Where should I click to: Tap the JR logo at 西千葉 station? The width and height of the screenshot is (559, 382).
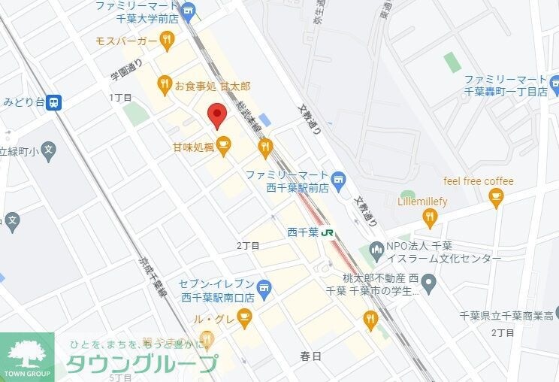(x=328, y=232)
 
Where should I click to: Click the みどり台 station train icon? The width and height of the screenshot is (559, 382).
(x=53, y=102)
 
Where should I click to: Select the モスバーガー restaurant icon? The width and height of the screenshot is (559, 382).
(x=167, y=39)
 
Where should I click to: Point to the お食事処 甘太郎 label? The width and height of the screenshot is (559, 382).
(x=213, y=86)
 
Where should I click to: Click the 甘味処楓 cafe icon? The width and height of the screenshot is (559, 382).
(x=223, y=144)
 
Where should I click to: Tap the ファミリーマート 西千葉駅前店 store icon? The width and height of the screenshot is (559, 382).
(x=339, y=178)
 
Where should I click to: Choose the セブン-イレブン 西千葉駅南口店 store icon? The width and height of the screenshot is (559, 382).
(x=263, y=286)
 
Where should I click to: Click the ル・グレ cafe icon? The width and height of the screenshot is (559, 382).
(x=244, y=320)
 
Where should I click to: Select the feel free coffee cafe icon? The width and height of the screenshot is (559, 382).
(x=495, y=197)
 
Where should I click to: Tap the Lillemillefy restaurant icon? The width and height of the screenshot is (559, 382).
(x=430, y=218)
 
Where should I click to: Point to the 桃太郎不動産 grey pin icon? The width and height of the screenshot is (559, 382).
(x=429, y=283)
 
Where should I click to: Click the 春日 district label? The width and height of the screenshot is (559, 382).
(x=310, y=356)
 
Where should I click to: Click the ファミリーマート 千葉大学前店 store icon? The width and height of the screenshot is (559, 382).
(x=188, y=10)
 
